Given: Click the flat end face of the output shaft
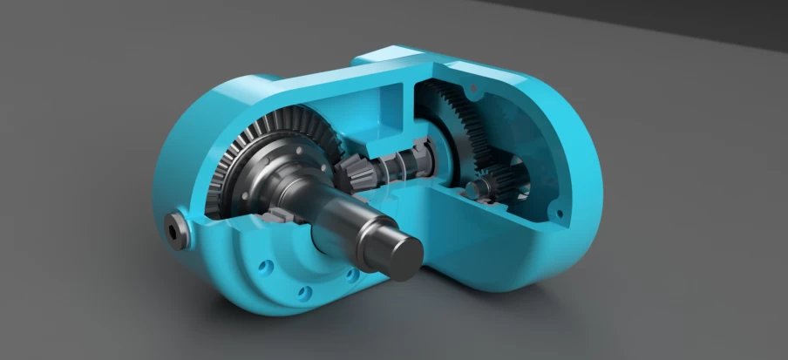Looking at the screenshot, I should pyautogui.click(x=404, y=253).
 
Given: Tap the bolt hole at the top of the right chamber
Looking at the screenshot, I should pyautogui.click(x=473, y=89).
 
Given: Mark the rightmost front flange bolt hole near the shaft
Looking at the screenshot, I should pyautogui.click(x=351, y=276).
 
